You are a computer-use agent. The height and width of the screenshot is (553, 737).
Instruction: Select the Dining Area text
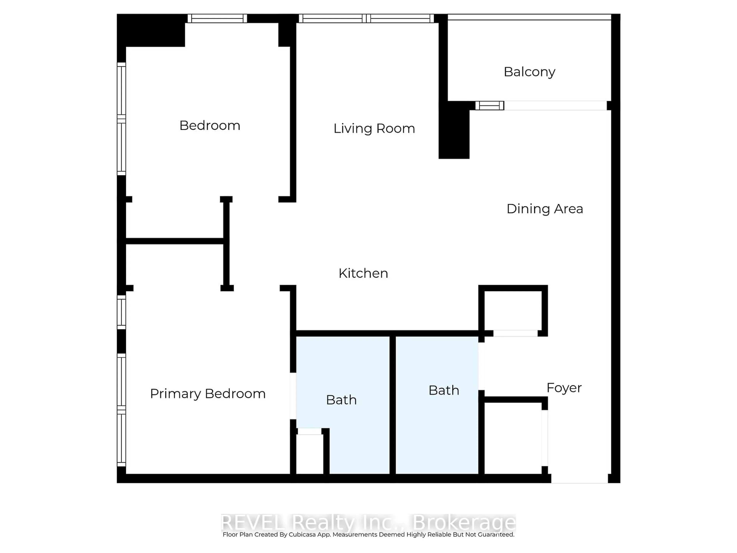(544, 209)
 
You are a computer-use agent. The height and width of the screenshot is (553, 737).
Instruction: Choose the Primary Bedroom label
(208, 394)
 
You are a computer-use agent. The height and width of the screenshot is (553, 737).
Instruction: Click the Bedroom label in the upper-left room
(210, 126)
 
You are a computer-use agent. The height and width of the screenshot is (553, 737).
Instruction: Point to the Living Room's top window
(366, 18)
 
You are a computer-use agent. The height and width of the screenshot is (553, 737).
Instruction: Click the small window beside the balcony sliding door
(489, 106)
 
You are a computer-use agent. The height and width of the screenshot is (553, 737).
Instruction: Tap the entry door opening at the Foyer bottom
(579, 478)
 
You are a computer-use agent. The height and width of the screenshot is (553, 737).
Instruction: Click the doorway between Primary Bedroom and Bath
(293, 396)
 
